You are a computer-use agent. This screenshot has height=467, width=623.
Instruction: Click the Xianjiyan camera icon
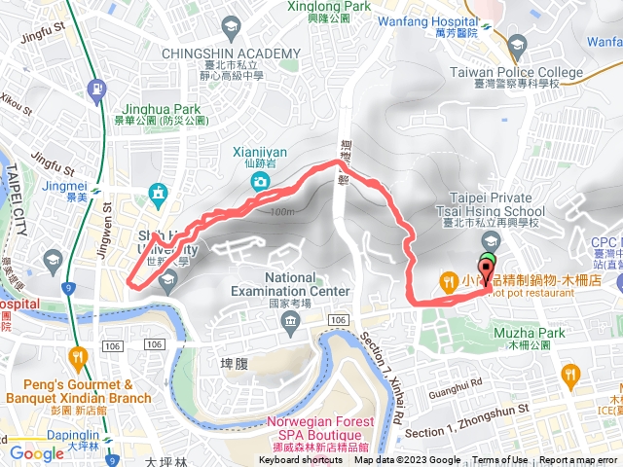click(260, 182)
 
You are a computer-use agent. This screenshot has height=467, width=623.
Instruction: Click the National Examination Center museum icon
click(290, 321)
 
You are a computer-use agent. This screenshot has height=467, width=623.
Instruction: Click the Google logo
click(36, 452)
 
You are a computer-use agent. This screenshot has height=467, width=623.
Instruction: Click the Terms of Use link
click(500, 460)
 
